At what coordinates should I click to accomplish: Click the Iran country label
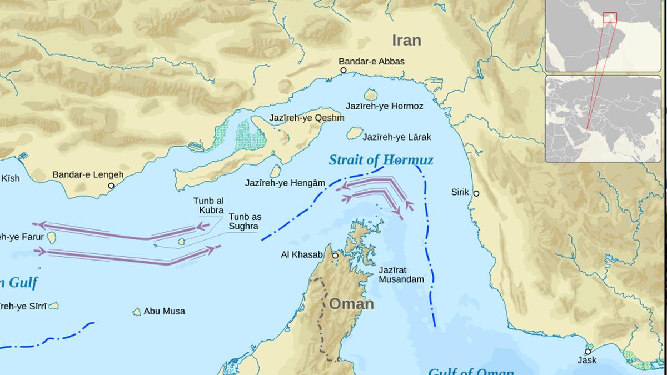click(406, 41)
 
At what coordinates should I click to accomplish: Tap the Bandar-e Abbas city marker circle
click(344, 71)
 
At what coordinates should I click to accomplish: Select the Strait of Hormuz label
click(381, 161)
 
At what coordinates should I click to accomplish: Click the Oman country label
click(351, 304)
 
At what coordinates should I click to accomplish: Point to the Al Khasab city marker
click(335, 256)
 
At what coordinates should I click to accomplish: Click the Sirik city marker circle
click(476, 193)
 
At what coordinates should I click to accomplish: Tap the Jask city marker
click(588, 352)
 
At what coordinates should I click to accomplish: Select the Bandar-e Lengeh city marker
click(111, 186)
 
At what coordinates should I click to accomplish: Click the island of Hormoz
click(371, 95)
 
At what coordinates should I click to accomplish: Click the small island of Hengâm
click(275, 172)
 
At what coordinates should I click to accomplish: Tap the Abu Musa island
click(137, 312)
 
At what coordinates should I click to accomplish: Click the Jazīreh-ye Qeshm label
click(307, 118)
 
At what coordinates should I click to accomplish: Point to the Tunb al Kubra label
click(208, 205)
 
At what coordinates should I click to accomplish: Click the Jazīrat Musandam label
click(401, 274)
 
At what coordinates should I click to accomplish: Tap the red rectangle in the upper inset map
click(610, 18)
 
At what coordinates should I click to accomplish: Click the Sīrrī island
click(53, 306)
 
